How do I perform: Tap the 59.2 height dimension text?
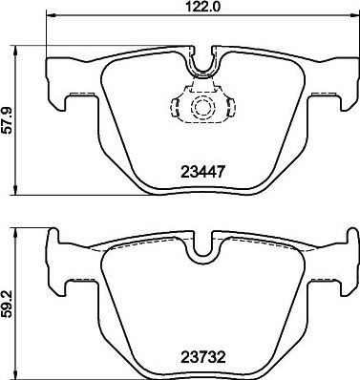point(8,300)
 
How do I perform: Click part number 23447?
point(202,173)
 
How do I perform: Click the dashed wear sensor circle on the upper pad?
point(201,107)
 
